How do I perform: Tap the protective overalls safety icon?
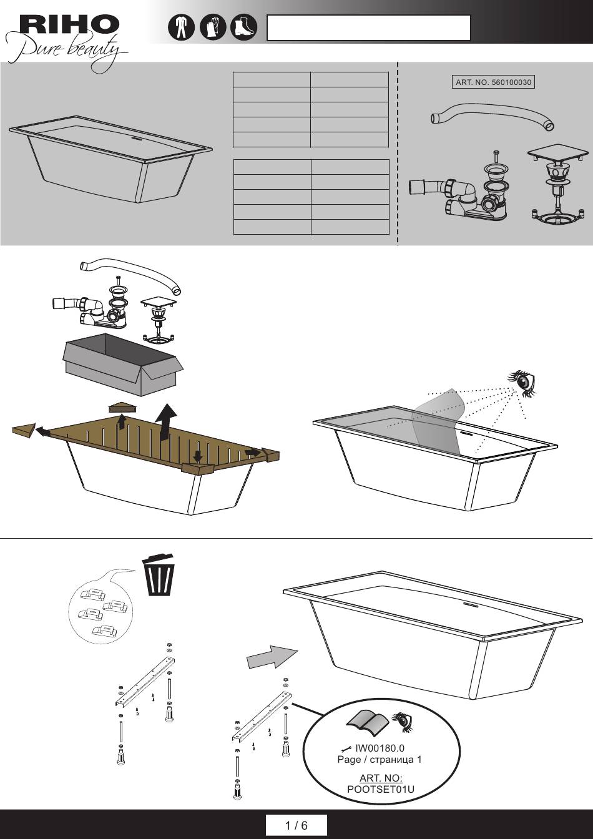click(181, 27)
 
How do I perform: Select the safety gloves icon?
click(213, 27)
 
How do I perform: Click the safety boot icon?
click(244, 27)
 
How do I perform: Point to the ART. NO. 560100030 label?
click(493, 82)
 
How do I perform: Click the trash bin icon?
click(159, 574)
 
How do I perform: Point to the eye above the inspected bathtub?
click(523, 383)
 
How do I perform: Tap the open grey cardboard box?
click(123, 364)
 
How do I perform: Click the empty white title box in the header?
click(369, 27)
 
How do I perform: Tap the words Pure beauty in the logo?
click(66, 52)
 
